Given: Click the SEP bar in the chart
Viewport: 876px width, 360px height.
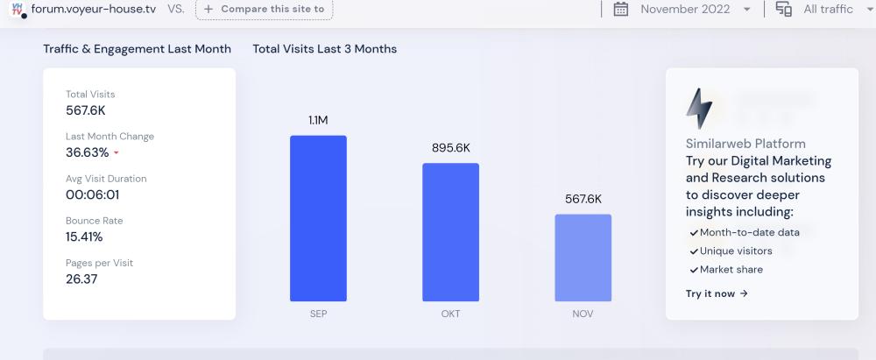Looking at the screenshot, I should (x=318, y=218).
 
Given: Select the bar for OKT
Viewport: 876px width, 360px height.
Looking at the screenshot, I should (x=450, y=232).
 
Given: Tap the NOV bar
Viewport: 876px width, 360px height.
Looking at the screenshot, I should (x=583, y=258).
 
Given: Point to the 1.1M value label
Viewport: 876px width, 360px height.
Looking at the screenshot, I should (x=318, y=120).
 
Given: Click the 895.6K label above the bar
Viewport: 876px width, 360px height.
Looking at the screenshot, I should (x=451, y=148).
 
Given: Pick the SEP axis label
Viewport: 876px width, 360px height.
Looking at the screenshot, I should (x=318, y=314).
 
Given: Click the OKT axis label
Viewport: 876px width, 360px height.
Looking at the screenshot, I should (x=450, y=314).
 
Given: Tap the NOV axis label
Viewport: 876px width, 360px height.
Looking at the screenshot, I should (x=583, y=314).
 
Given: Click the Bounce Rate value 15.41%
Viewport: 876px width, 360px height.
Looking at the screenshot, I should (x=84, y=236).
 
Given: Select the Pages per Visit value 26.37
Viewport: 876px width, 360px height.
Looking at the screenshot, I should (x=81, y=279).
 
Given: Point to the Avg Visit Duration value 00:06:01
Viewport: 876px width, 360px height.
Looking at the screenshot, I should (x=92, y=194).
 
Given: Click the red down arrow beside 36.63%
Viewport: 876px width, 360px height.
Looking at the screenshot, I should (x=117, y=153).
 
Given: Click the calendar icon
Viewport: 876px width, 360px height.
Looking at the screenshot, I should (x=621, y=9).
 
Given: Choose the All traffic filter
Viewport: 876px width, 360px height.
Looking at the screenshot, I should (x=827, y=9).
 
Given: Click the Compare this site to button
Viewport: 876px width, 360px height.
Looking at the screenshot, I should (x=264, y=9).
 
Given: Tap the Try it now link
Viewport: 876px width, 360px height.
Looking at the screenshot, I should (x=717, y=293).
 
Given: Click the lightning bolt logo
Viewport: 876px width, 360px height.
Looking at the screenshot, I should (x=699, y=109).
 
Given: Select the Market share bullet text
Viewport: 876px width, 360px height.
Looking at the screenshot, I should (x=731, y=269).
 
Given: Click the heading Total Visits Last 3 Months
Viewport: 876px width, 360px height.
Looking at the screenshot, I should (x=324, y=49).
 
